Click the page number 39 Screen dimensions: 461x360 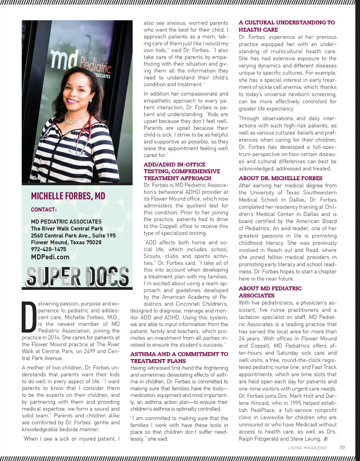[x=342, y=447]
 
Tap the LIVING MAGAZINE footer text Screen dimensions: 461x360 [x=307, y=448]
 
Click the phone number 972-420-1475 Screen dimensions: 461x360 [x=49, y=249]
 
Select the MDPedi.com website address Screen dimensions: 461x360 [x=50, y=257]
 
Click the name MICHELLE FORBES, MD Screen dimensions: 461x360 [x=68, y=196]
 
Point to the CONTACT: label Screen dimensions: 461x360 [x=44, y=209]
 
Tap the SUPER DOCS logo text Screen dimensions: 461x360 [x=77, y=276]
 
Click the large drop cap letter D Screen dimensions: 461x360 [x=29, y=317]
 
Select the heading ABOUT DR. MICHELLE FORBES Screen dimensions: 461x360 [x=280, y=178]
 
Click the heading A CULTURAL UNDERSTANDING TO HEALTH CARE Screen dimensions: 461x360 [x=287, y=26]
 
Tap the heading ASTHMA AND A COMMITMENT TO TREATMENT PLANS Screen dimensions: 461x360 [x=179, y=357]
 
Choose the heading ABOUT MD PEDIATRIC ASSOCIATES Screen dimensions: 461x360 [x=270, y=292]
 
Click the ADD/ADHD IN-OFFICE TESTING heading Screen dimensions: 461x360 [x=182, y=171]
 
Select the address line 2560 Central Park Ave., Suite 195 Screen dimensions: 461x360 [x=73, y=235]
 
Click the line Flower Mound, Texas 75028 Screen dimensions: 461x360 [x=66, y=242]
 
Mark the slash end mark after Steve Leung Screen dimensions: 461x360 [x=326, y=439]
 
